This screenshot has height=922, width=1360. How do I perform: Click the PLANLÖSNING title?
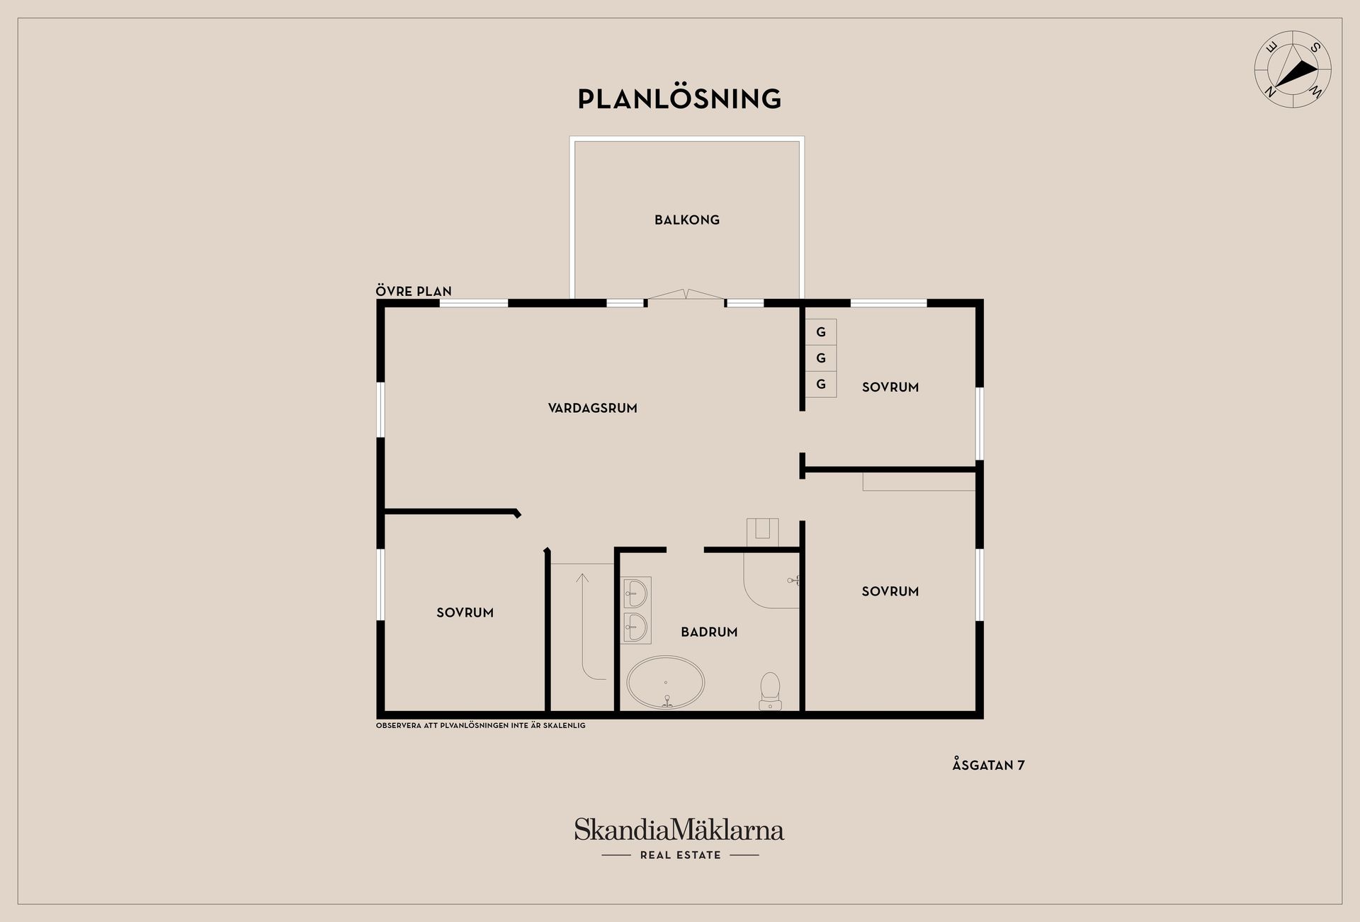click(x=679, y=98)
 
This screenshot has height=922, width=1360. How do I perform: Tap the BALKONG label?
click(x=687, y=220)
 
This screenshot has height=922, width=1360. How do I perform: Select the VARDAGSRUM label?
click(x=593, y=408)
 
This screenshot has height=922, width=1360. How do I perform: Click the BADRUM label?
click(x=709, y=632)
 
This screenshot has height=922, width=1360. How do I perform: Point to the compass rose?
click(x=1293, y=69)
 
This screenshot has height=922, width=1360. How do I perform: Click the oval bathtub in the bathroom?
click(x=666, y=683)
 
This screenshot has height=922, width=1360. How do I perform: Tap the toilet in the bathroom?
click(x=770, y=691)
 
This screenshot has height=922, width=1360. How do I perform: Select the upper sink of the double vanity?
click(x=636, y=593)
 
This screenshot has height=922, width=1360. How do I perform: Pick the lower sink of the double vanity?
click(x=636, y=627)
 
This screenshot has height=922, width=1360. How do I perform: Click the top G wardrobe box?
click(x=821, y=331)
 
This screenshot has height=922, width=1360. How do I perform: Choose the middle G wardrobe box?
click(x=821, y=358)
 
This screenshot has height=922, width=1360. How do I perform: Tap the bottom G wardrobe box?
click(x=821, y=384)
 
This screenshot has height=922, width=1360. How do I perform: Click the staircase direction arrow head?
click(x=582, y=578)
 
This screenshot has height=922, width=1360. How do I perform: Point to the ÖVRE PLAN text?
click(x=414, y=291)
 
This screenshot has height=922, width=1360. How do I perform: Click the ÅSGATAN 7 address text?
click(x=988, y=765)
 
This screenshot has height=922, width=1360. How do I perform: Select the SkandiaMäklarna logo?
click(x=679, y=830)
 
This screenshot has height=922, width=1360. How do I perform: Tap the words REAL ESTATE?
click(x=680, y=855)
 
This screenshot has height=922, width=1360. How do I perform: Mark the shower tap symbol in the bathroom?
click(x=793, y=580)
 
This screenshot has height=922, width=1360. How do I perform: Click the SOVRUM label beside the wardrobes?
click(x=890, y=387)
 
